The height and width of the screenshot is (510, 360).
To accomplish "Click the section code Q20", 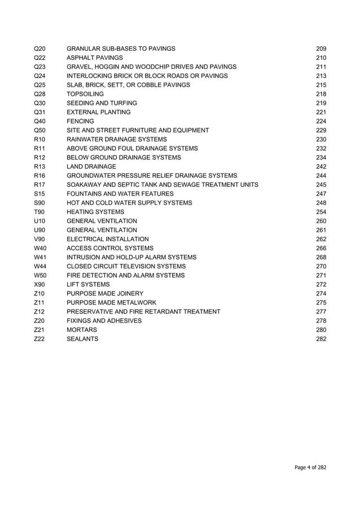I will (x=39, y=49).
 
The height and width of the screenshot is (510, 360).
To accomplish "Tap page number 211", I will (x=321, y=67).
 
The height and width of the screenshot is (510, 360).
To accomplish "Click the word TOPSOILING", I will (x=85, y=94).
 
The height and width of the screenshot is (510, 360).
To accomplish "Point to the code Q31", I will (x=39, y=112).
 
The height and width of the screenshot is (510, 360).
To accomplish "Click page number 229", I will (x=321, y=130).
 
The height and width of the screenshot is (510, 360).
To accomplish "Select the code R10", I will (x=39, y=139).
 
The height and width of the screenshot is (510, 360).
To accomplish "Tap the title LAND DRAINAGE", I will (x=91, y=166).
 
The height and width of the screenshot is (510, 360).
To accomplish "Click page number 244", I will (x=321, y=175).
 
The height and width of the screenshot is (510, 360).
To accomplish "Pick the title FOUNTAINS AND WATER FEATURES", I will (x=120, y=193).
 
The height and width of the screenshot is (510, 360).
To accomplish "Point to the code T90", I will (x=39, y=211).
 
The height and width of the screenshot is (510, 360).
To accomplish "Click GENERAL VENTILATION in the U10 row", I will (x=102, y=221).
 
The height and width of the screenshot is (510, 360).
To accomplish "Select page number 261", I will (x=321, y=230).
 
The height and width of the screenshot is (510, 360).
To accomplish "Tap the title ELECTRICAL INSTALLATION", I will (x=108, y=239).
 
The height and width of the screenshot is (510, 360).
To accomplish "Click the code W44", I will (x=40, y=266).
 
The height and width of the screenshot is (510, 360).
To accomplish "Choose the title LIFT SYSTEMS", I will (x=88, y=284).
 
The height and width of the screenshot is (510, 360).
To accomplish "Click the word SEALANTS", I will (x=82, y=338).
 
